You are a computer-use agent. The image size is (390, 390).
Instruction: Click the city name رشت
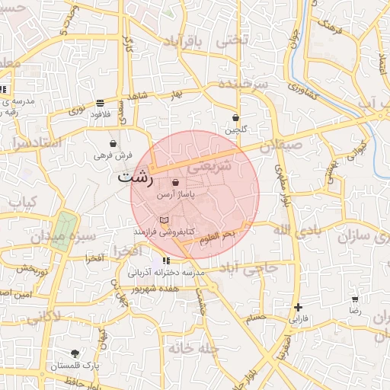(136, 179)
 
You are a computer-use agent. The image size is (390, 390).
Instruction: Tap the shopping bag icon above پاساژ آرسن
(176, 183)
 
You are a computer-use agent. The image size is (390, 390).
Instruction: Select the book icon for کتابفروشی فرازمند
(174, 219)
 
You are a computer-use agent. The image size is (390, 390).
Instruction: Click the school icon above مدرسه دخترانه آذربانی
(166, 261)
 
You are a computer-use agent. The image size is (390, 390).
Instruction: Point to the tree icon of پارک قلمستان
(75, 353)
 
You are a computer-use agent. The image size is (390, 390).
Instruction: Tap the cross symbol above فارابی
(298, 308)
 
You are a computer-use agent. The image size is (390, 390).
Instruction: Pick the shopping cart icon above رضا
(355, 299)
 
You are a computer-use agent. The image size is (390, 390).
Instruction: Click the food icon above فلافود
(101, 103)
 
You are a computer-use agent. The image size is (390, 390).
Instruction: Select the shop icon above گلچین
(235, 118)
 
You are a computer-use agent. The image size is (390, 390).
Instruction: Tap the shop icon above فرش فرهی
(113, 142)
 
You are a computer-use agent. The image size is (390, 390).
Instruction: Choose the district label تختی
(233, 40)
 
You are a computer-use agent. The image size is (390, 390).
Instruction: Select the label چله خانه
(193, 349)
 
